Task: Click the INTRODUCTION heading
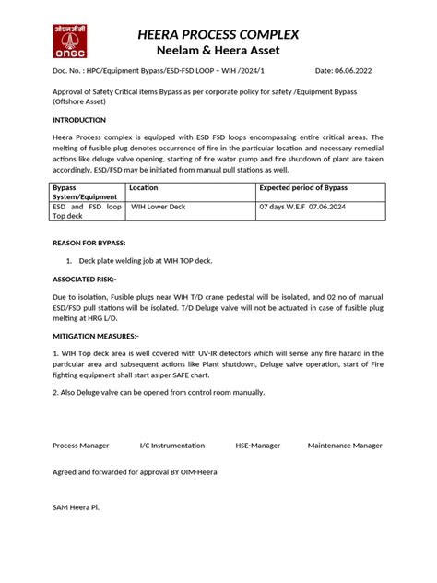click(x=79, y=120)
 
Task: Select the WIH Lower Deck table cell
click(x=158, y=207)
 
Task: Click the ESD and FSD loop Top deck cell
click(x=87, y=211)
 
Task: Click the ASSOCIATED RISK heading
click(x=84, y=279)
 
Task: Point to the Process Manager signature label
click(x=81, y=446)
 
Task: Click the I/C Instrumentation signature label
click(x=171, y=446)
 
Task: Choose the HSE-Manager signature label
click(x=259, y=446)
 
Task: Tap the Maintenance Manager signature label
click(x=345, y=446)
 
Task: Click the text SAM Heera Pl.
click(x=76, y=507)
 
